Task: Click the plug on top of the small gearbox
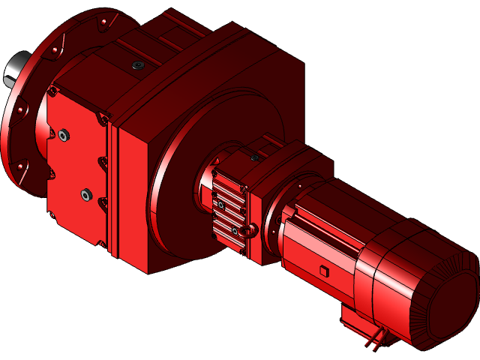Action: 254,157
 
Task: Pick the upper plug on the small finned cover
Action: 221,204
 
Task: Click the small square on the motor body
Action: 323,270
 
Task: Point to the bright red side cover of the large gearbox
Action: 75,165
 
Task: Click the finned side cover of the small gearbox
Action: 229,210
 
